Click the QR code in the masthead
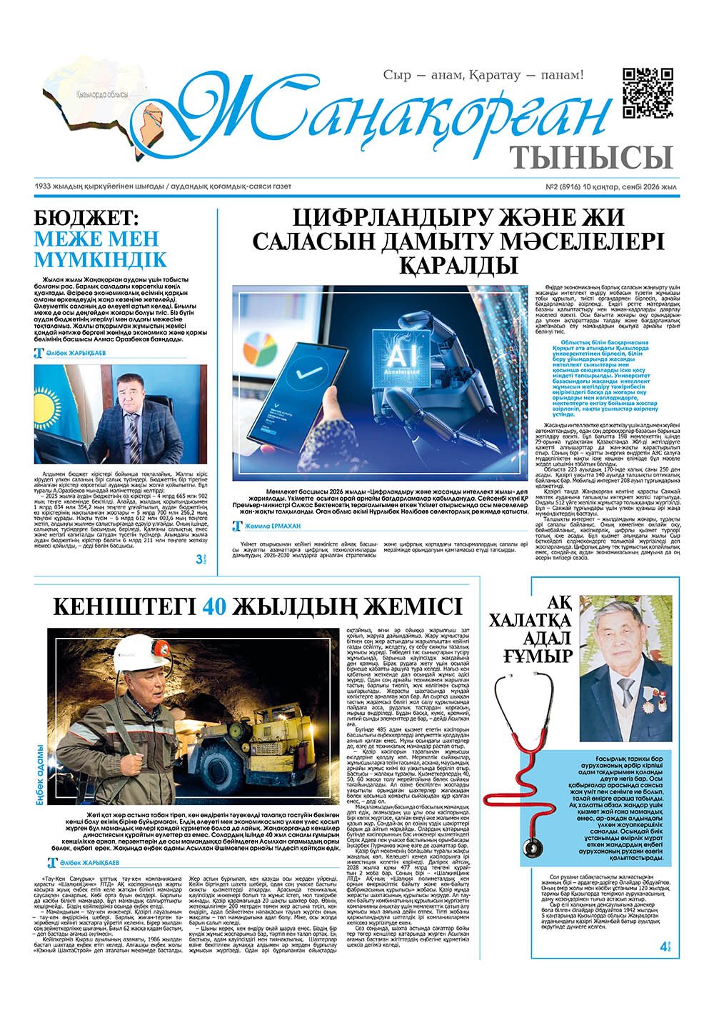(648, 93)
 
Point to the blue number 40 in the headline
(215, 606)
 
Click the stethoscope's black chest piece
(531, 849)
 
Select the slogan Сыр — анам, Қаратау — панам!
(484, 74)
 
